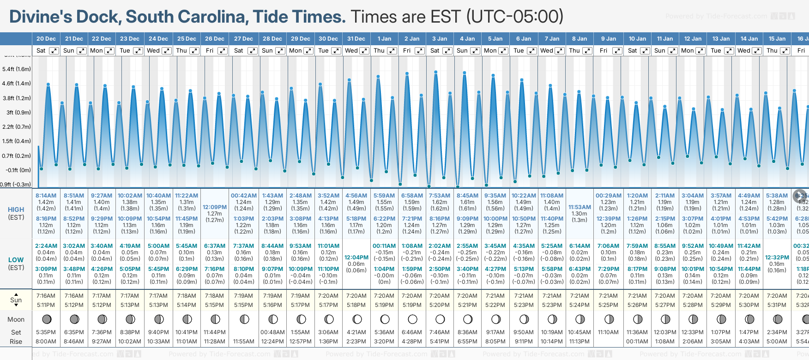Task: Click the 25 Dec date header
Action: [187, 39]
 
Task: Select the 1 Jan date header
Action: [384, 39]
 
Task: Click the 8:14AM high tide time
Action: [46, 196]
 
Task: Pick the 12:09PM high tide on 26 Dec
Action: [215, 207]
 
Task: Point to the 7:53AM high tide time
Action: [440, 196]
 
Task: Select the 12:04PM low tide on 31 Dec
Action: [356, 258]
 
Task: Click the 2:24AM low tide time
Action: [46, 246]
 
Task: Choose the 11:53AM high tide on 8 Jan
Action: [580, 207]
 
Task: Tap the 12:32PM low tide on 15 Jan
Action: [777, 258]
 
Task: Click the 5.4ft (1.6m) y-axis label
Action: [17, 69]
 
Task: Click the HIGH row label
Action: [16, 210]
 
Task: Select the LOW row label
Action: [16, 260]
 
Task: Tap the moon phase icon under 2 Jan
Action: [412, 319]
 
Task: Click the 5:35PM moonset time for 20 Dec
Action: [46, 332]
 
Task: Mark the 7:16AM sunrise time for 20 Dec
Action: [46, 296]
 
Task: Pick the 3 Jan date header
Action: [440, 39]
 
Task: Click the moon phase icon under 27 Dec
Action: [244, 319]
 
